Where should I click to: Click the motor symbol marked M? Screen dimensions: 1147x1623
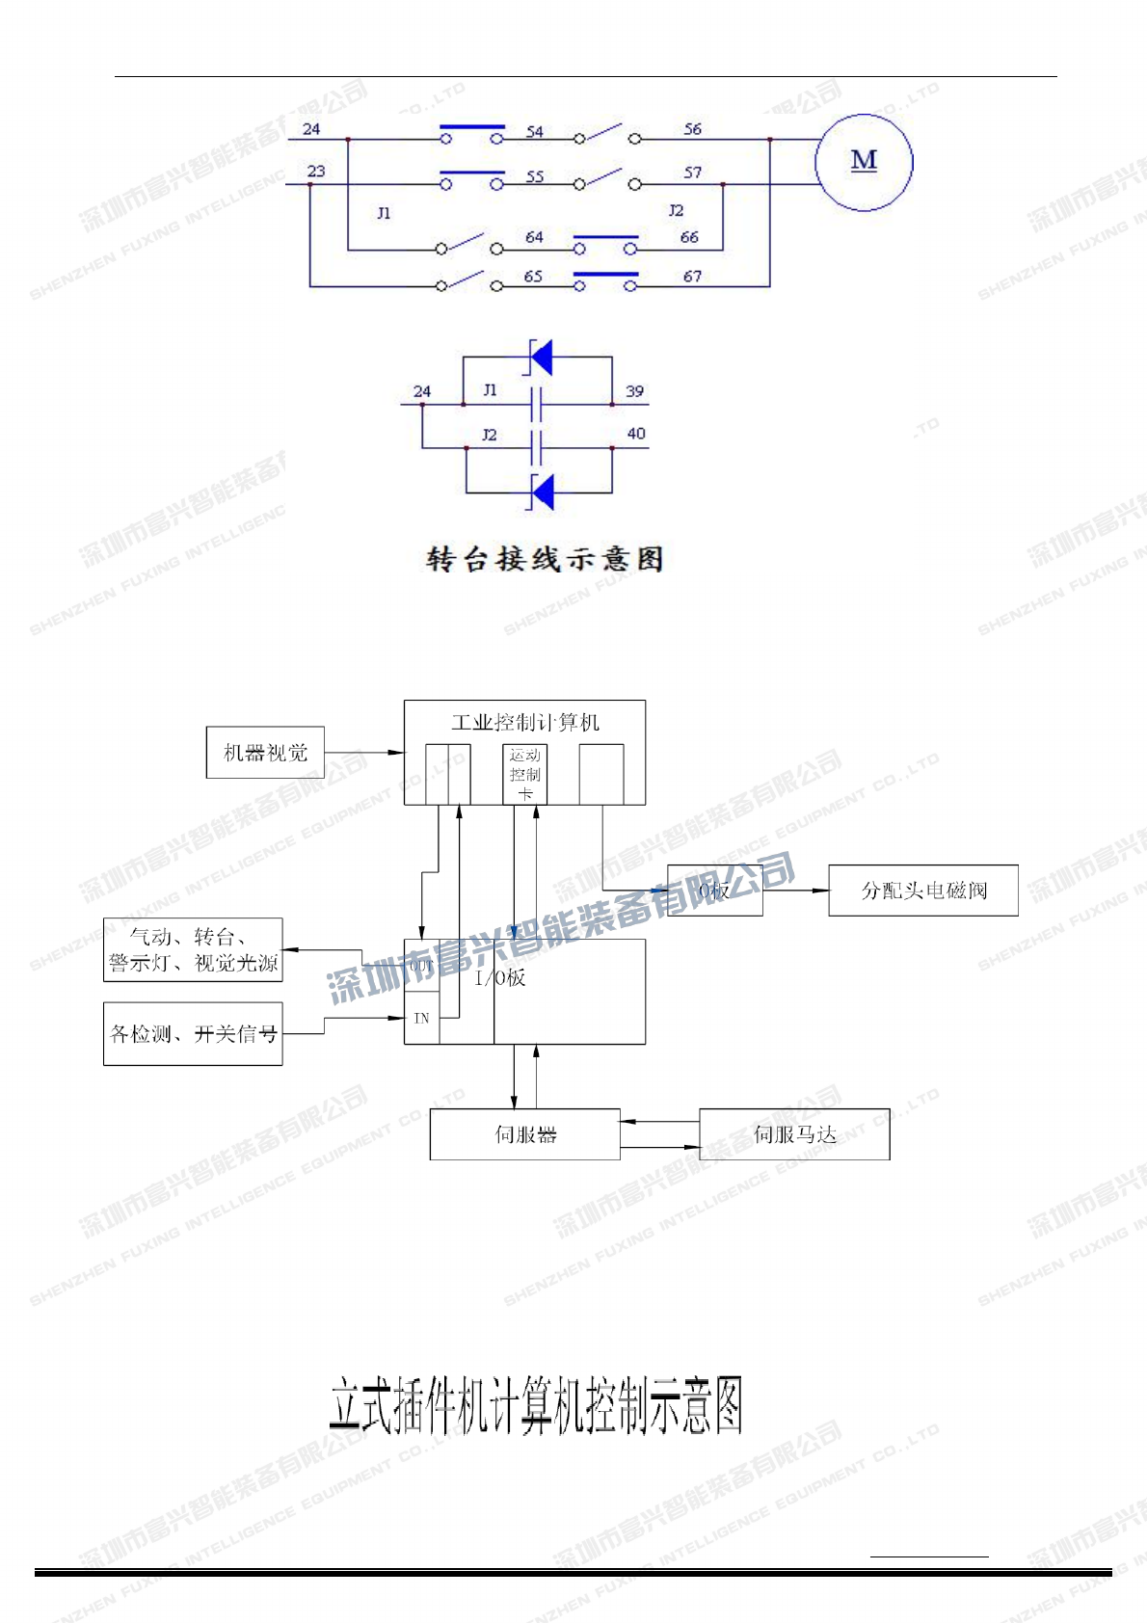click(864, 161)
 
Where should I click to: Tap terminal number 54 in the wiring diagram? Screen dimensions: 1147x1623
click(535, 131)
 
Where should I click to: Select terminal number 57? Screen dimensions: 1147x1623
click(693, 173)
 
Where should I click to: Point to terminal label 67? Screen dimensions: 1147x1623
click(692, 277)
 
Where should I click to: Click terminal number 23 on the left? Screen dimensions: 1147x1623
click(316, 172)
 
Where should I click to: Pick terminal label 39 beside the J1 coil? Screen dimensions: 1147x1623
click(634, 391)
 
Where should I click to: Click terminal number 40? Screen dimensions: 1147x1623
click(636, 434)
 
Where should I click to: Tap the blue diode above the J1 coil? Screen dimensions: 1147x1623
click(542, 358)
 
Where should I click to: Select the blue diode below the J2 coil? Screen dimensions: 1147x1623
click(543, 492)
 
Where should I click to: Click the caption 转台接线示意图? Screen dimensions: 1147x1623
click(545, 559)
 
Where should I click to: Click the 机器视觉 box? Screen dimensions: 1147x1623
click(265, 753)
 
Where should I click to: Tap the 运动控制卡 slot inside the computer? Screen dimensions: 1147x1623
click(525, 774)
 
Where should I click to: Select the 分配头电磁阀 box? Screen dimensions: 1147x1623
click(923, 891)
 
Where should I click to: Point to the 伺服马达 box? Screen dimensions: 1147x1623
click(794, 1134)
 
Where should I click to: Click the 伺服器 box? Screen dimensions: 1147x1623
click(525, 1134)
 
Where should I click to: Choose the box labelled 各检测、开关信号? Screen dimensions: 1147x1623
click(193, 1034)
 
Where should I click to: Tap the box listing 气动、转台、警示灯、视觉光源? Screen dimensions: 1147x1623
click(193, 950)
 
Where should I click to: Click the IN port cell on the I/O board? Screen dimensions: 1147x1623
click(421, 1018)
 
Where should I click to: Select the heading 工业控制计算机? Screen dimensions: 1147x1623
click(525, 722)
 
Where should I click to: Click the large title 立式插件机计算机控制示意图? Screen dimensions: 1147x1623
click(536, 1405)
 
